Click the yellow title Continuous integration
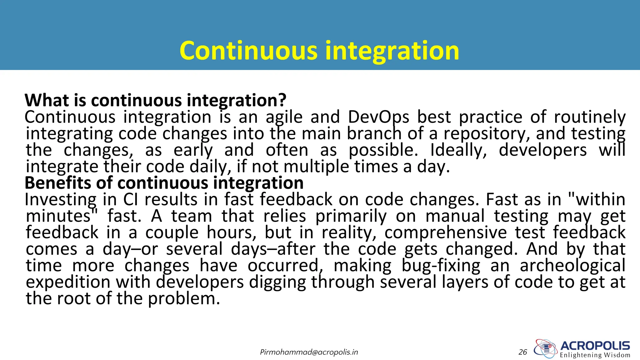click(x=319, y=51)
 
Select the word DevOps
click(x=378, y=117)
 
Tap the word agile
click(x=284, y=117)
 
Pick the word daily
click(x=211, y=167)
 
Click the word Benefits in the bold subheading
click(x=58, y=183)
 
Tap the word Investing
click(x=61, y=200)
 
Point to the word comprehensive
click(x=446, y=233)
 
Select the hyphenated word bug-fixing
click(x=441, y=266)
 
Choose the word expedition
click(x=68, y=282)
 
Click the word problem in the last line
click(x=184, y=299)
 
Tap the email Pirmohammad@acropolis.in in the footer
click(x=309, y=352)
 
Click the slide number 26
click(x=523, y=352)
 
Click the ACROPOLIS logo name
click(x=595, y=346)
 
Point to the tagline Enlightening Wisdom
click(x=595, y=355)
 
